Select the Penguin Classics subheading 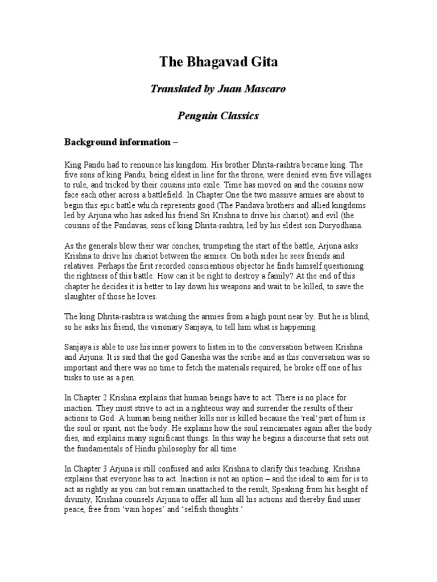coord(218,116)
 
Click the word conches coord(169,245)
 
